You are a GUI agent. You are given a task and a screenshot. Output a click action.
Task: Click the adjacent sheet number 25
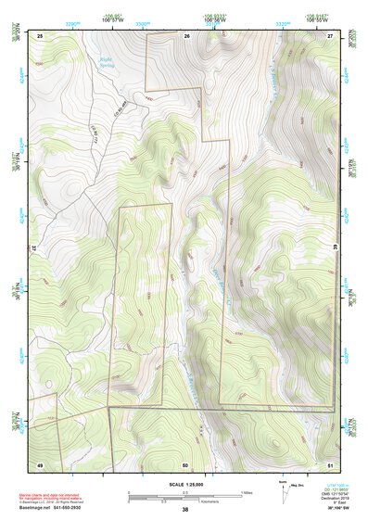[x=40, y=35]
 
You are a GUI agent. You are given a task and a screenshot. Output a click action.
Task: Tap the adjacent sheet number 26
[x=185, y=35]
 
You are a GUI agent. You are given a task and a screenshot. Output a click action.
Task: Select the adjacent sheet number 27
[x=330, y=35]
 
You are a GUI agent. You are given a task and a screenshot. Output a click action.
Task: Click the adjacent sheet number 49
[x=40, y=463]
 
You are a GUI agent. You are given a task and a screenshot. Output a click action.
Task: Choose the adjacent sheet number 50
[x=185, y=463]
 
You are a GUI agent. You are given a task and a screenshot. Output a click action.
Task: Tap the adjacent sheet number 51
[x=330, y=463]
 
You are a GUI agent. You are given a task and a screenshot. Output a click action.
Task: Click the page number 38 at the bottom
[x=185, y=510]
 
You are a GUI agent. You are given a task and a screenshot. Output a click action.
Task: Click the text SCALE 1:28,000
[x=184, y=482]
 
